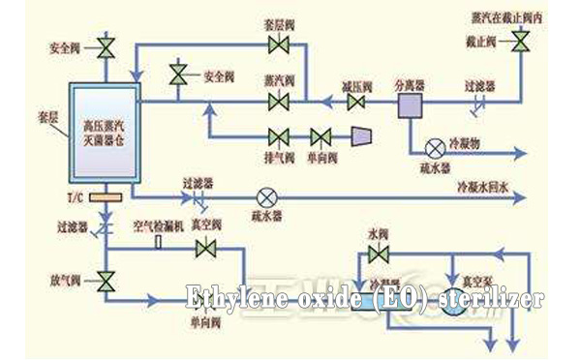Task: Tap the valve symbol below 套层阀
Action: tap(281, 46)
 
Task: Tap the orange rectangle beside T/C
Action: tap(102, 198)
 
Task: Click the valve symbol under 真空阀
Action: tap(205, 249)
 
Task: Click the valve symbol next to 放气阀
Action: tap(105, 282)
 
